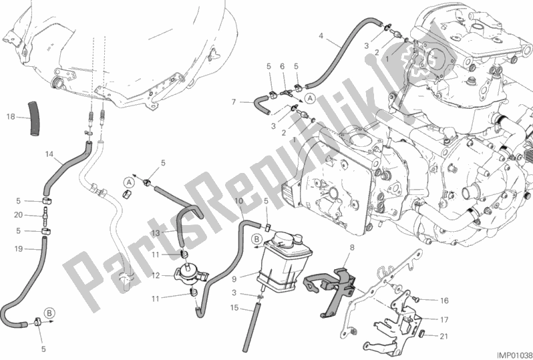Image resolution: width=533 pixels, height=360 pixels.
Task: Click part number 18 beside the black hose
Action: [10, 116]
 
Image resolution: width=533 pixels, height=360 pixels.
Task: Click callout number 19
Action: [18, 249]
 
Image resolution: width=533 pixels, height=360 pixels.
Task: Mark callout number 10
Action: [238, 200]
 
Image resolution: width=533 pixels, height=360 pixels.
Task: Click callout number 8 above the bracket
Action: [352, 247]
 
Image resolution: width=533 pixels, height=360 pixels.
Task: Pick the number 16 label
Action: [444, 302]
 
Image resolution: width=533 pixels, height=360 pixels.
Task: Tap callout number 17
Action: [444, 319]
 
